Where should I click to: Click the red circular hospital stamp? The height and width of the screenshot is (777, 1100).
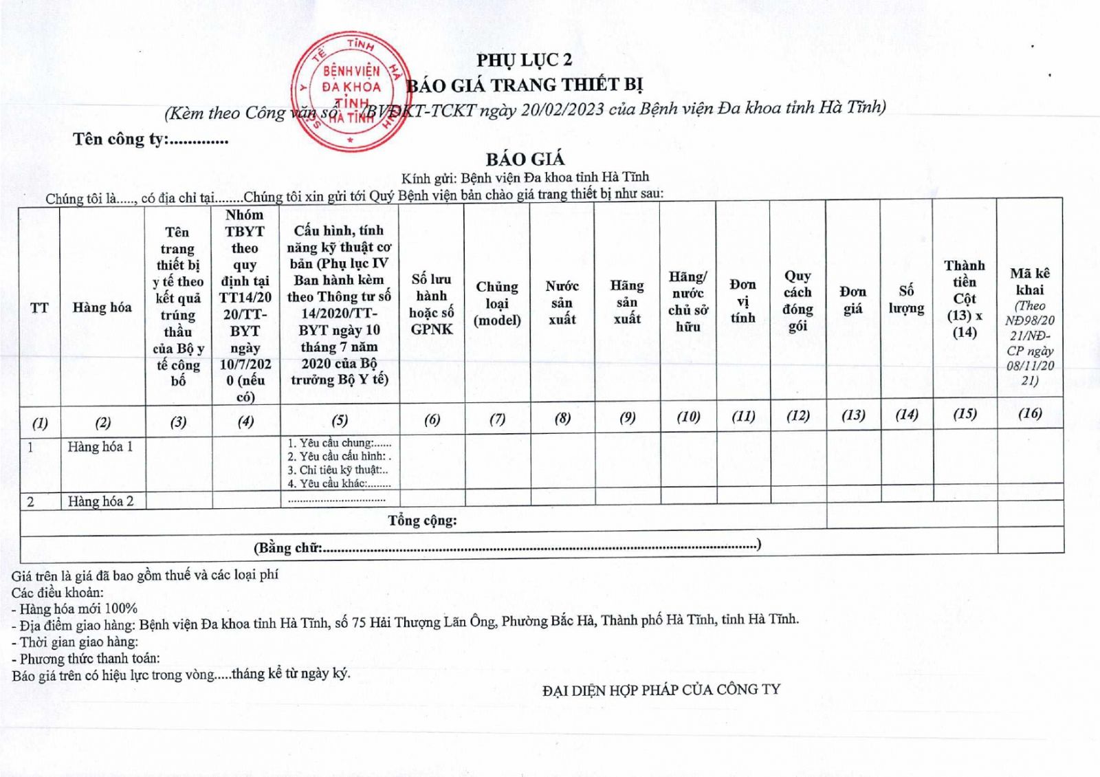click(x=347, y=93)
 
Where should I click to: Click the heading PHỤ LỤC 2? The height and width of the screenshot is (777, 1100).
click(x=525, y=61)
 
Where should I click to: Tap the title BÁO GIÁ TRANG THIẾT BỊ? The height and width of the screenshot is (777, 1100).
click(x=525, y=85)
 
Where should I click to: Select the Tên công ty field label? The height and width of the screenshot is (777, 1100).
click(x=120, y=140)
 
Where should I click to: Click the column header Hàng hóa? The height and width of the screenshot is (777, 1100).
click(x=102, y=307)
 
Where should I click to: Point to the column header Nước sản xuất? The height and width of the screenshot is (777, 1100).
click(x=562, y=303)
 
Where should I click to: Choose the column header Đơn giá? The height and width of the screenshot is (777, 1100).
click(x=852, y=300)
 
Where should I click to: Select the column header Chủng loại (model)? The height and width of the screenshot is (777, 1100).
click(x=497, y=303)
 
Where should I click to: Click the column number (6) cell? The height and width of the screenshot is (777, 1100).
click(x=432, y=419)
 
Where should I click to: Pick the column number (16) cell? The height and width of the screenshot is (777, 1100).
click(x=1030, y=413)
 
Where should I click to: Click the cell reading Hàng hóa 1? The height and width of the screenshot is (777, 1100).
click(x=100, y=447)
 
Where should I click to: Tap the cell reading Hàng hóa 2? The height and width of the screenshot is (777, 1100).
click(x=100, y=501)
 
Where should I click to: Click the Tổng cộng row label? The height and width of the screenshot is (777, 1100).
click(x=422, y=521)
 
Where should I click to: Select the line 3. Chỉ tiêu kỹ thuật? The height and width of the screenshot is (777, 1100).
click(x=338, y=470)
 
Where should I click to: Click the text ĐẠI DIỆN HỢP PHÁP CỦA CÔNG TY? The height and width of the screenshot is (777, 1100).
click(x=661, y=690)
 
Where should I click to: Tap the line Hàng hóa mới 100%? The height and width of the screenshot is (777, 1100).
click(x=78, y=609)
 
